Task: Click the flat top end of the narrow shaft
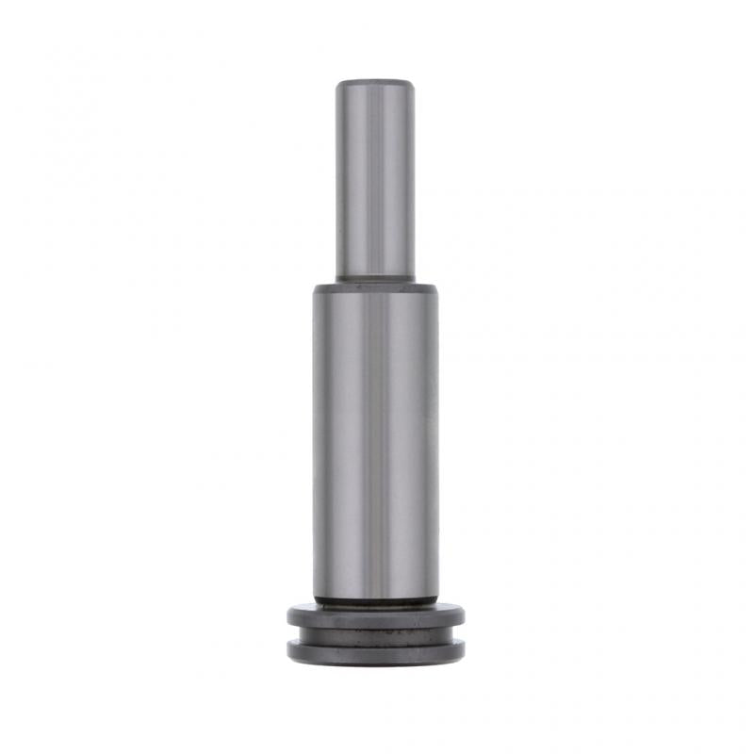pyautogui.click(x=376, y=82)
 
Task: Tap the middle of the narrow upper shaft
pyautogui.click(x=376, y=179)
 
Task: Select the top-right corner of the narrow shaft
pyautogui.click(x=413, y=83)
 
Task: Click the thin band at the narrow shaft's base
pyautogui.click(x=376, y=276)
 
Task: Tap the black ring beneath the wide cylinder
pyautogui.click(x=376, y=599)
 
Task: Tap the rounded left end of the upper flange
pyautogui.click(x=291, y=616)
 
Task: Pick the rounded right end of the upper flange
pyautogui.click(x=462, y=616)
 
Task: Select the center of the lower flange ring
pyautogui.click(x=376, y=651)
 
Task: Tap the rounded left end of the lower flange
pyautogui.click(x=291, y=649)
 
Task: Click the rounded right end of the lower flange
pyautogui.click(x=462, y=649)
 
